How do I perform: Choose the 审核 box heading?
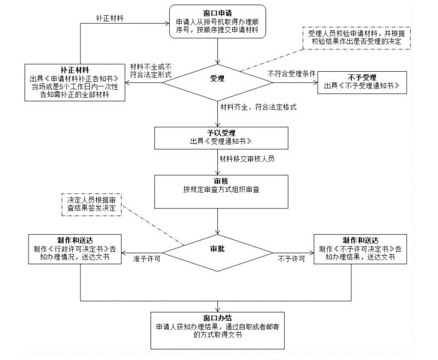[x=218, y=181]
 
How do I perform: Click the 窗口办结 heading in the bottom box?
[x=218, y=317]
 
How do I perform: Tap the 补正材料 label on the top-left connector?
[x=109, y=18]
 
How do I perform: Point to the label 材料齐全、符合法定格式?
[x=258, y=107]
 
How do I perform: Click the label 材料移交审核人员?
[x=246, y=159]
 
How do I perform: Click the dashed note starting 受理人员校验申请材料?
[x=360, y=37]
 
